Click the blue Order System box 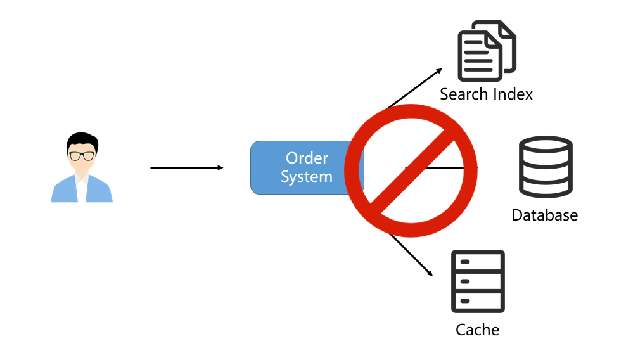(x=298, y=167)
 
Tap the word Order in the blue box (x=307, y=158)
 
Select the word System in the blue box (x=307, y=177)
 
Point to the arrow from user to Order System (x=186, y=167)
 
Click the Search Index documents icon (x=486, y=51)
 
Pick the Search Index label (x=486, y=94)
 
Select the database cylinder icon (x=546, y=166)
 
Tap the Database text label (x=545, y=215)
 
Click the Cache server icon (x=478, y=281)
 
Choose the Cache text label (x=478, y=330)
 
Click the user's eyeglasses (x=82, y=155)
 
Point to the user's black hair (x=82, y=139)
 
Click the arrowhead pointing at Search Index (x=438, y=70)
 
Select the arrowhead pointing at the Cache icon (x=429, y=273)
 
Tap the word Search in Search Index (x=464, y=94)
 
